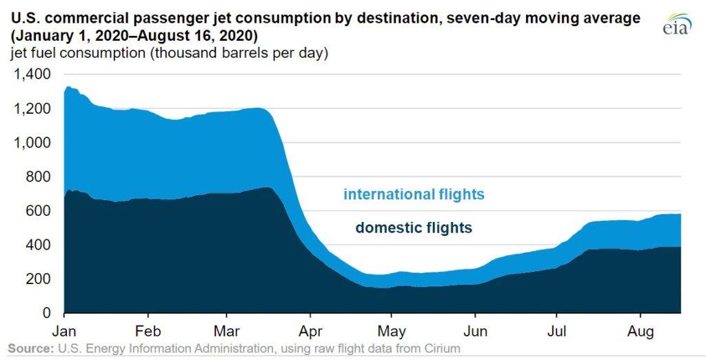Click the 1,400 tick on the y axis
coord(32,74)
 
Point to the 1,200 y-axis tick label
coord(32,109)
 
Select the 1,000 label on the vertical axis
coord(32,143)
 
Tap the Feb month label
coord(148,329)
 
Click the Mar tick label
coord(227,329)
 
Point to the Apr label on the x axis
coord(310,329)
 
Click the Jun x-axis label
coord(475,329)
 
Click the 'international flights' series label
coord(414,194)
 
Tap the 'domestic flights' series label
coord(414,228)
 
